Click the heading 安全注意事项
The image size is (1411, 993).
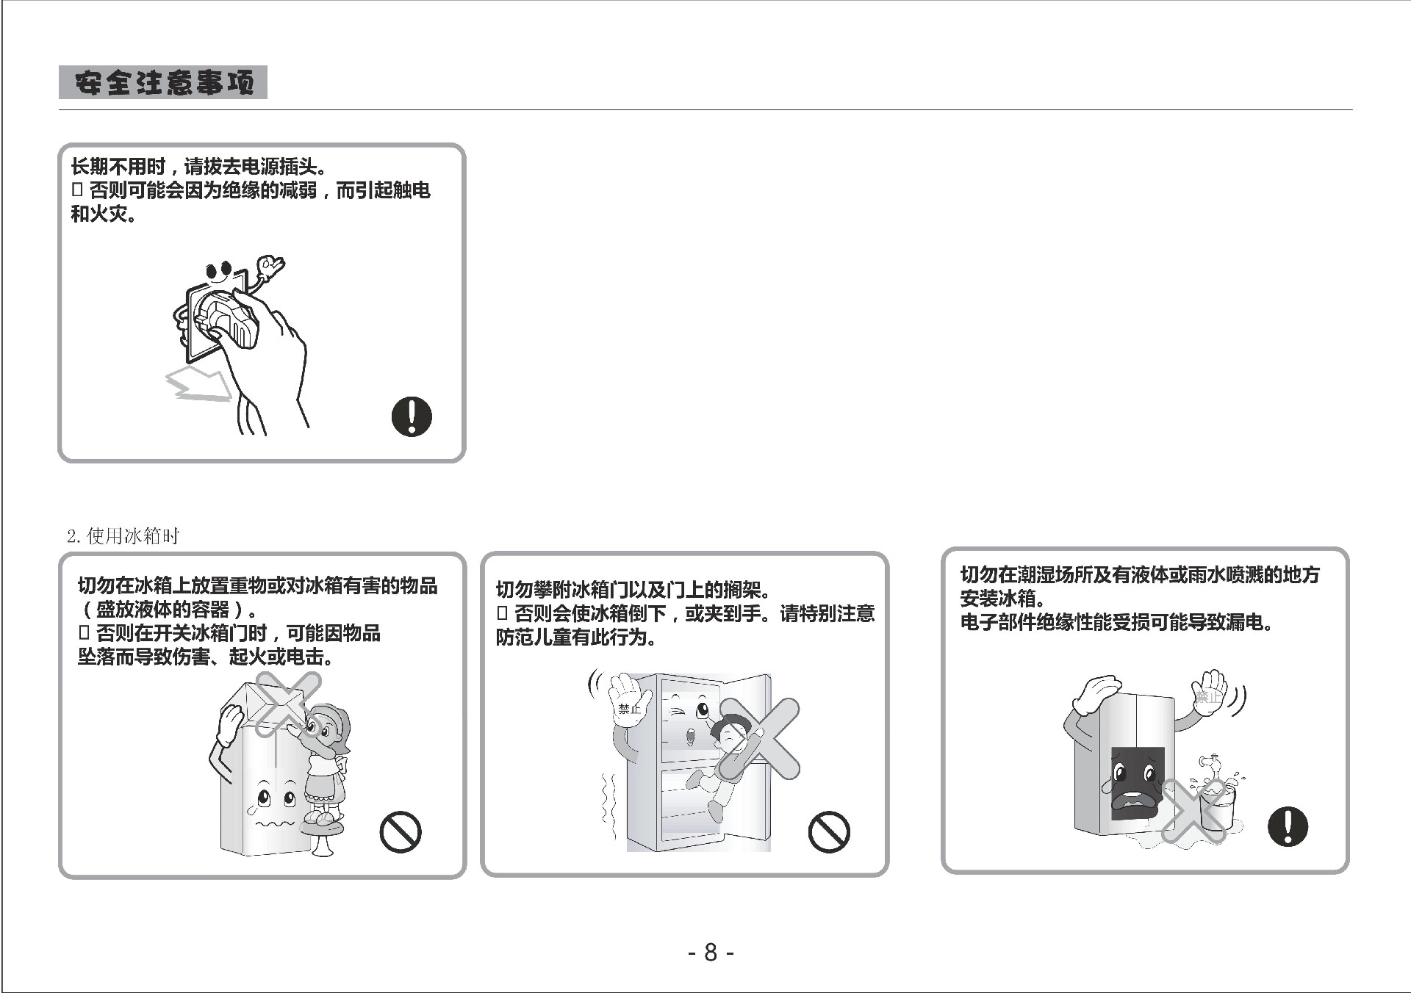[163, 82]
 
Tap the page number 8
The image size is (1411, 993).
[710, 953]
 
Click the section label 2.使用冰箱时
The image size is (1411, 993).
[123, 536]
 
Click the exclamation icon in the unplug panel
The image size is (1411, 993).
[412, 416]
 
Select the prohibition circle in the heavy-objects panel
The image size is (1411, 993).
[401, 832]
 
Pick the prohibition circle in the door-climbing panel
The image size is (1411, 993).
[829, 832]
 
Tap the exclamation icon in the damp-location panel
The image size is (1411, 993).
[1288, 826]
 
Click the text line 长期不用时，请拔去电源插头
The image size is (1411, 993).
[199, 167]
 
